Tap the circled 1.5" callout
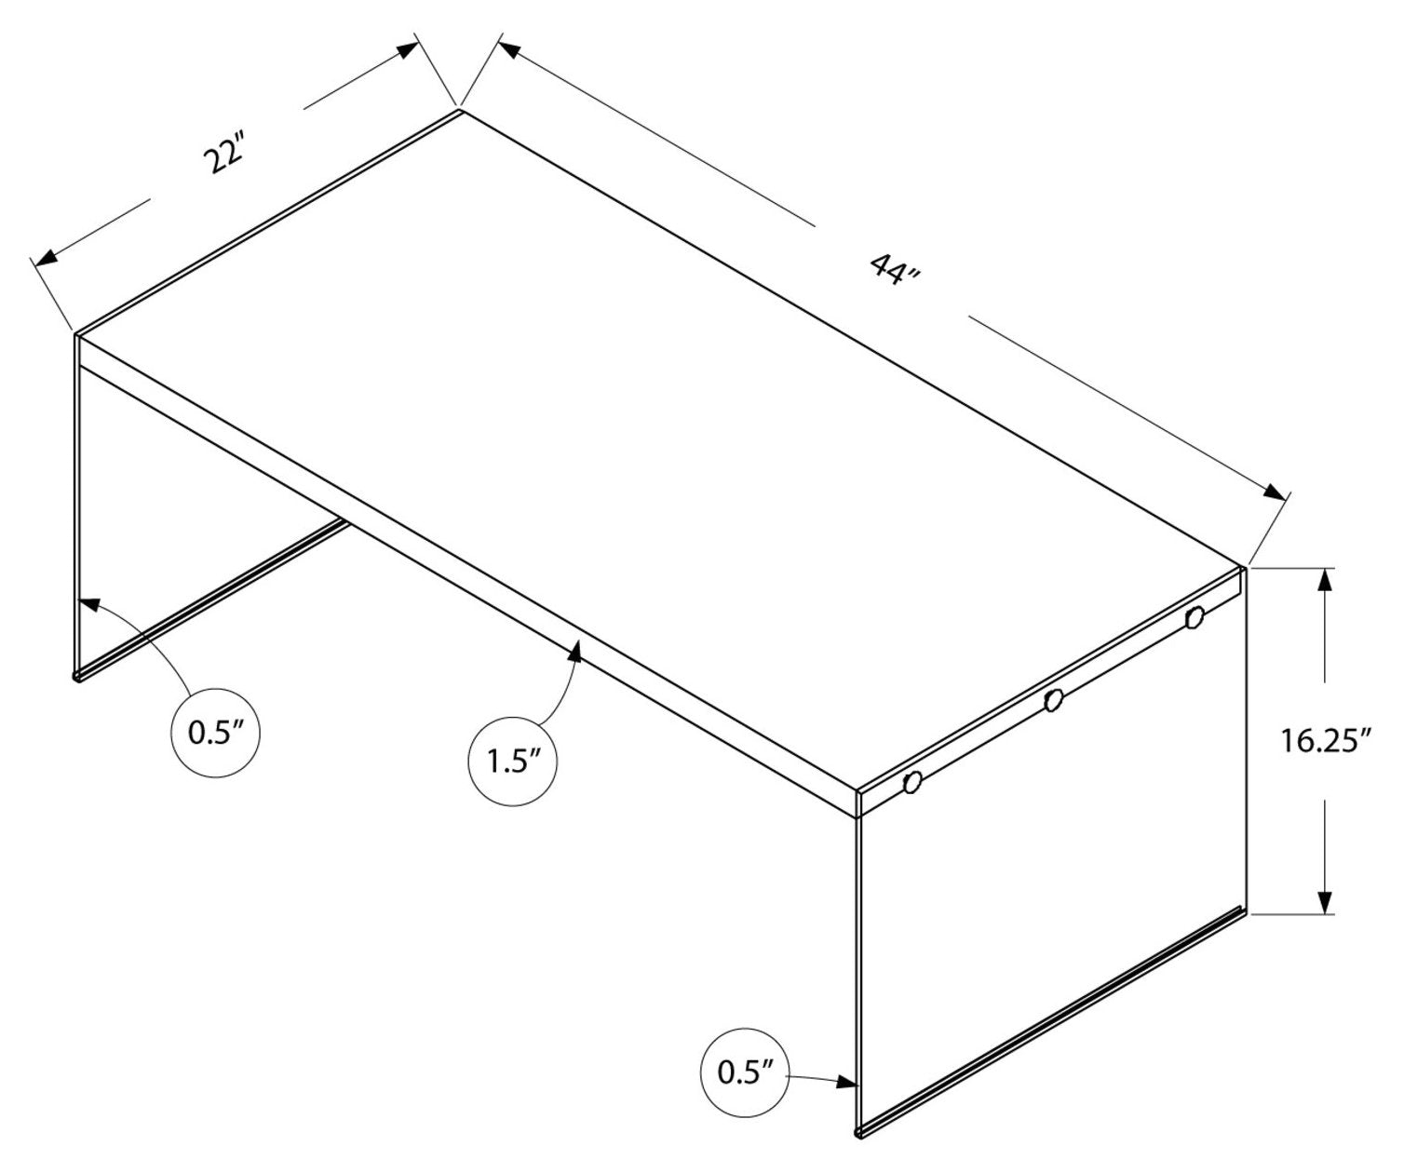(512, 762)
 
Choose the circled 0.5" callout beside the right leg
(745, 1072)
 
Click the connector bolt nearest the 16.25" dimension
(1195, 617)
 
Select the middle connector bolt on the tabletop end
(1054, 700)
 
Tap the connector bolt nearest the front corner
(912, 782)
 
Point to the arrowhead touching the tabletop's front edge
(575, 652)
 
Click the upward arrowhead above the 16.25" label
(1325, 580)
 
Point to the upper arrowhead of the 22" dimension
(408, 50)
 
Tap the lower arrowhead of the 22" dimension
(45, 258)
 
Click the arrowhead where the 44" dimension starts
(509, 49)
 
